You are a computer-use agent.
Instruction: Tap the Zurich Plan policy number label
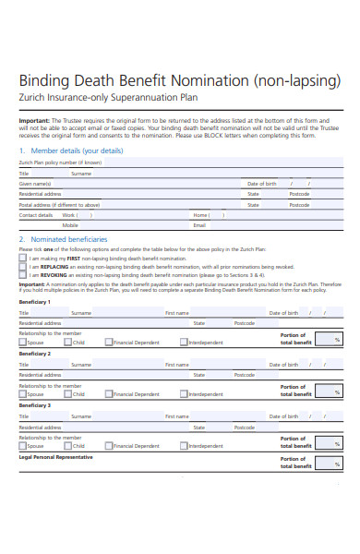point(61,162)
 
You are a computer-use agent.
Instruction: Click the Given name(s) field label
point(35,184)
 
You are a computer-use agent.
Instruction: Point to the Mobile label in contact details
point(70,225)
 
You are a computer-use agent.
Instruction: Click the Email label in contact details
point(198,225)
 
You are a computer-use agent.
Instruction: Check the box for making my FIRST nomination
point(23,258)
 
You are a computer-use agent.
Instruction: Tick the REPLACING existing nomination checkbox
point(23,266)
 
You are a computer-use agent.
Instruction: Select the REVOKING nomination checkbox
point(23,274)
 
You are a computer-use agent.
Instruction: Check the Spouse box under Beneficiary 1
point(23,342)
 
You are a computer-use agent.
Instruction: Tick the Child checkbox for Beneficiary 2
point(68,393)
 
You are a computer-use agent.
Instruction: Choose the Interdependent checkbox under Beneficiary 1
point(184,342)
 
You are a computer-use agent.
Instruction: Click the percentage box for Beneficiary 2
point(329,391)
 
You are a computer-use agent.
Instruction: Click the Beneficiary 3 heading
point(35,405)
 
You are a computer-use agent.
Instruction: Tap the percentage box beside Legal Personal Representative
point(329,463)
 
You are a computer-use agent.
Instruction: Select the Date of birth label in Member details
point(261,184)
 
